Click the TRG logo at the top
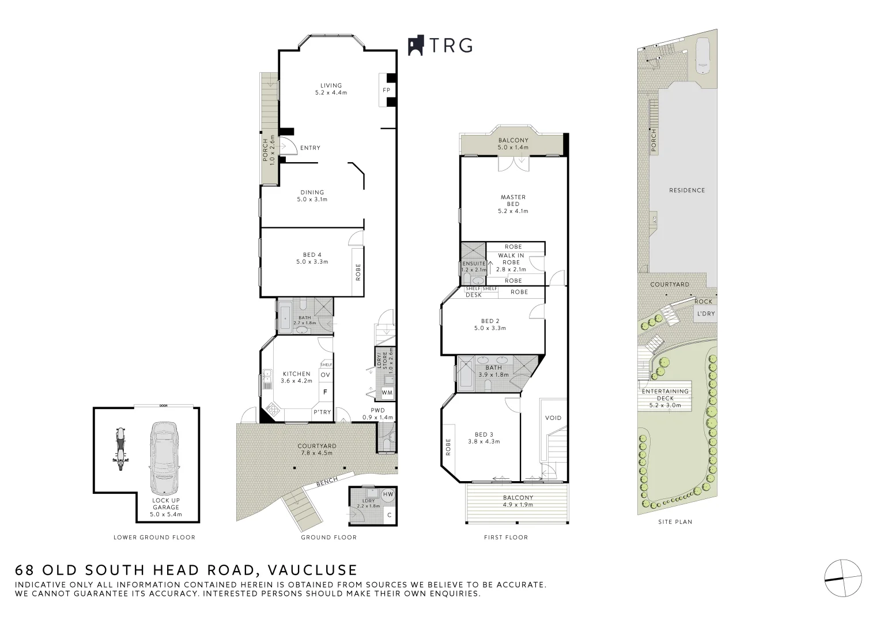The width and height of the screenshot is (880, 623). pyautogui.click(x=440, y=45)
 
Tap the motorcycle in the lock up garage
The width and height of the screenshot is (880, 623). pyautogui.click(x=120, y=449)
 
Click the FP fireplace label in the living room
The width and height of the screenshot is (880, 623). pyautogui.click(x=387, y=91)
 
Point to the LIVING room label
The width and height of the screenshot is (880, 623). pyautogui.click(x=331, y=86)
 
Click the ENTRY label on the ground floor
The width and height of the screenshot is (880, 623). pyautogui.click(x=310, y=148)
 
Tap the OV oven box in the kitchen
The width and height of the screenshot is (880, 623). pyautogui.click(x=325, y=376)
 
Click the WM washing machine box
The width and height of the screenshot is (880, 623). pyautogui.click(x=387, y=393)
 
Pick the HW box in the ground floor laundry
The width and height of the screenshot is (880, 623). pyautogui.click(x=388, y=494)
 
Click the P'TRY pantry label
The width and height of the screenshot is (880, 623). pyautogui.click(x=322, y=412)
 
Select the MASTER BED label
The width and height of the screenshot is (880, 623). pyautogui.click(x=513, y=201)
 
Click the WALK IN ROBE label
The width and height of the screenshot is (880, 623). pyautogui.click(x=511, y=259)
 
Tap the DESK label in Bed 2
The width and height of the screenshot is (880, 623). pyautogui.click(x=474, y=295)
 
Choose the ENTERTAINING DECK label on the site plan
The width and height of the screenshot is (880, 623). pyautogui.click(x=665, y=395)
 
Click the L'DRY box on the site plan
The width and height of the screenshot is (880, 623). pyautogui.click(x=705, y=314)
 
